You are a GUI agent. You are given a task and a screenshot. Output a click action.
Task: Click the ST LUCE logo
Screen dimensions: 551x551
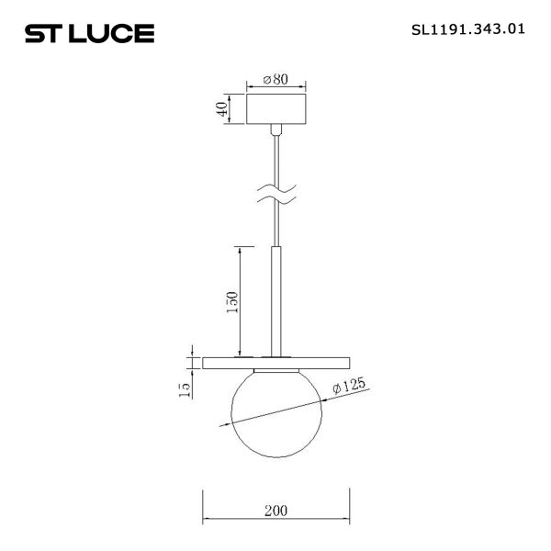click(88, 34)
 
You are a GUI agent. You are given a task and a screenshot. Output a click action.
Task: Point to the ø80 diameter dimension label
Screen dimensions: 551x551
click(276, 80)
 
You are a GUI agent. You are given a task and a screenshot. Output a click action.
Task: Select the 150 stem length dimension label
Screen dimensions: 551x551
click(232, 301)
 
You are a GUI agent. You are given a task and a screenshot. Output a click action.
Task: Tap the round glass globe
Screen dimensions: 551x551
click(275, 413)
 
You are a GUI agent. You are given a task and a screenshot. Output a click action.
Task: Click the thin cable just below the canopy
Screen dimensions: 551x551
click(275, 156)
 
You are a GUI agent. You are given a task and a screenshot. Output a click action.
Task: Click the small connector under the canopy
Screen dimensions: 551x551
click(275, 133)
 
